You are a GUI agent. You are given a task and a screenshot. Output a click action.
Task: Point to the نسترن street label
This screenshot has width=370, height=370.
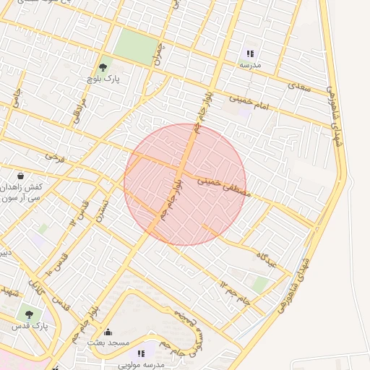pos(106,212)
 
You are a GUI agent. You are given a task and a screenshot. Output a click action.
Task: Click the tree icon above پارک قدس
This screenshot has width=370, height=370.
pos(28,314)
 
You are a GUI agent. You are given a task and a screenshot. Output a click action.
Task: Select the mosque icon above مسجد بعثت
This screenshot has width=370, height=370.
pos(108,332)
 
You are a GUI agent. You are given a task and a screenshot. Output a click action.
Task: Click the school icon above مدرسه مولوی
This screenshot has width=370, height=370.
pos(141,353)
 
